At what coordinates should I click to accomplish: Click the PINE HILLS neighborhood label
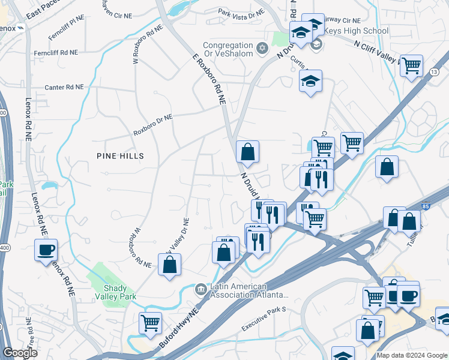(x=120, y=155)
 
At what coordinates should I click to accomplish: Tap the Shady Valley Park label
(x=115, y=292)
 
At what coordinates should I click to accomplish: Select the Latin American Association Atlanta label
(x=249, y=290)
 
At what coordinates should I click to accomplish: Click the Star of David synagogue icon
(x=262, y=47)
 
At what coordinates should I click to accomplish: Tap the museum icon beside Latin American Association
(x=200, y=290)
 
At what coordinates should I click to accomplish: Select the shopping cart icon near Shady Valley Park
(x=150, y=322)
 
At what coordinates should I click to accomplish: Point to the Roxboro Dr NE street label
(x=152, y=125)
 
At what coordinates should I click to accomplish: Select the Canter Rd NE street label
(x=64, y=87)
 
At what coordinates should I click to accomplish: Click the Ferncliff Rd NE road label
(x=56, y=53)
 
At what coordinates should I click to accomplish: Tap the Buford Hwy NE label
(x=179, y=329)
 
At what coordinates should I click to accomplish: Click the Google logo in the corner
(x=20, y=353)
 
